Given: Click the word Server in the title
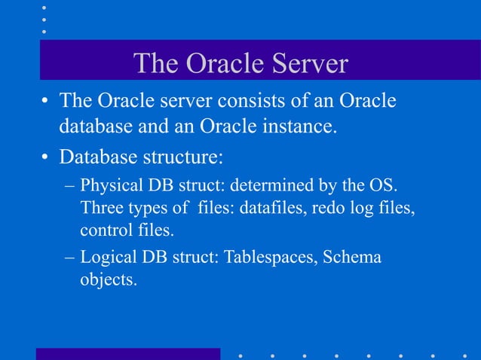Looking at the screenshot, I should point(305,64).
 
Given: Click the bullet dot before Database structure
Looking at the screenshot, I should point(46,158).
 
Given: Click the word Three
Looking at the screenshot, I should point(103,207).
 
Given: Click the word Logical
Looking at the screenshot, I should point(108,258).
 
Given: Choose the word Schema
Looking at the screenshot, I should point(353,258).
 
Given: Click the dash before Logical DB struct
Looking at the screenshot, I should point(69,258).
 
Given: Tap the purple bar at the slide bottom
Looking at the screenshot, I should point(128,353).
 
